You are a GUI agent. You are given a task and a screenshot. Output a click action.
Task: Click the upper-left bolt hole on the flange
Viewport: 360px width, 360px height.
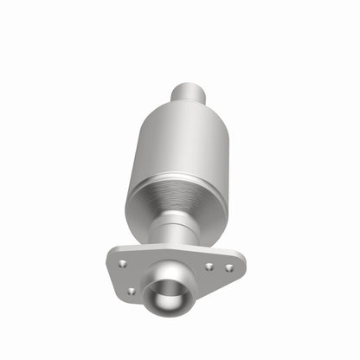tap(122, 262)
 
